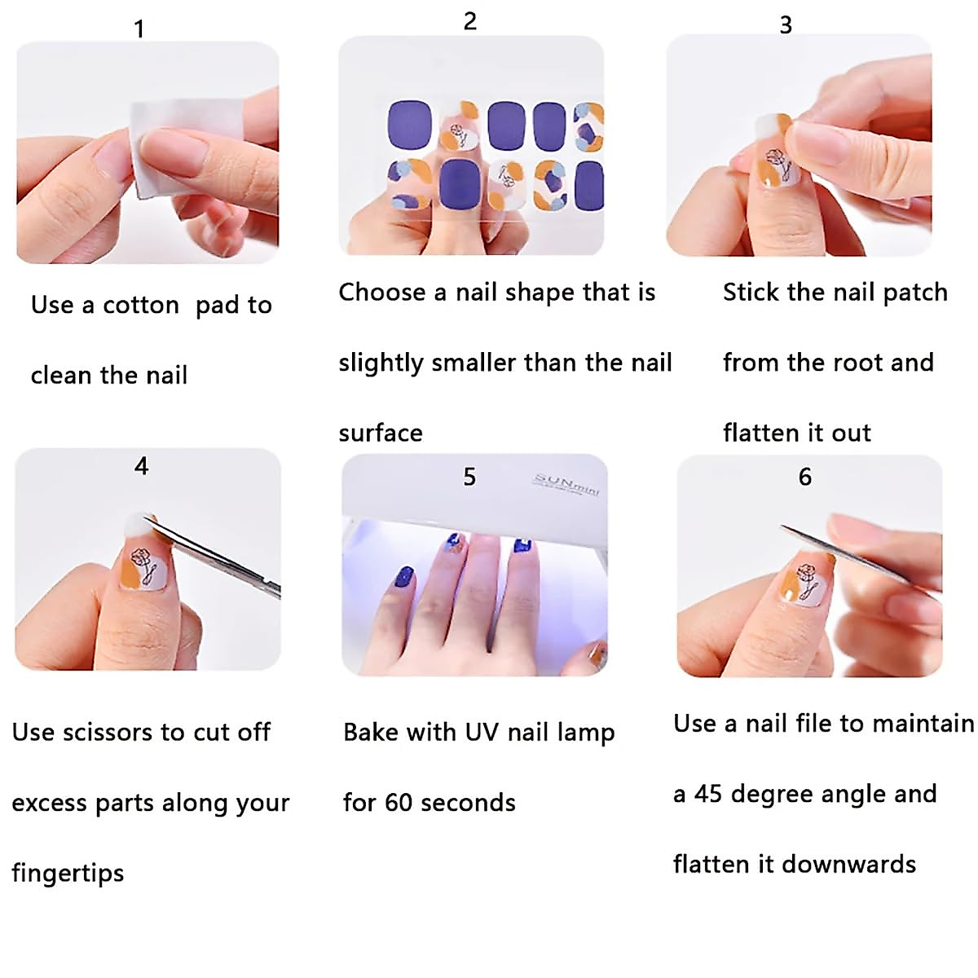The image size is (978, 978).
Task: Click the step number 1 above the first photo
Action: [139, 29]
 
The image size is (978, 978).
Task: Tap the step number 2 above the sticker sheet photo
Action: [469, 21]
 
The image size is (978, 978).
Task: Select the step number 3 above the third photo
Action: [786, 25]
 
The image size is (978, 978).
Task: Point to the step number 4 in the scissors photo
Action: [142, 466]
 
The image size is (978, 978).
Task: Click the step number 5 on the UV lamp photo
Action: [469, 477]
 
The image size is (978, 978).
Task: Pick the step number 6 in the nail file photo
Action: [805, 477]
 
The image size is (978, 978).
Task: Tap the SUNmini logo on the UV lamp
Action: [567, 484]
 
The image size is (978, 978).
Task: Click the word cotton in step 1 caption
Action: [140, 306]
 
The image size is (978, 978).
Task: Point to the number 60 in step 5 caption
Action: [399, 803]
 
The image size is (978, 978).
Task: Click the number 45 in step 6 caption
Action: [707, 795]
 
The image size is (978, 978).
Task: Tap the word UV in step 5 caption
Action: [482, 733]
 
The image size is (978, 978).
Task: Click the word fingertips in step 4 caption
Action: [68, 874]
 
